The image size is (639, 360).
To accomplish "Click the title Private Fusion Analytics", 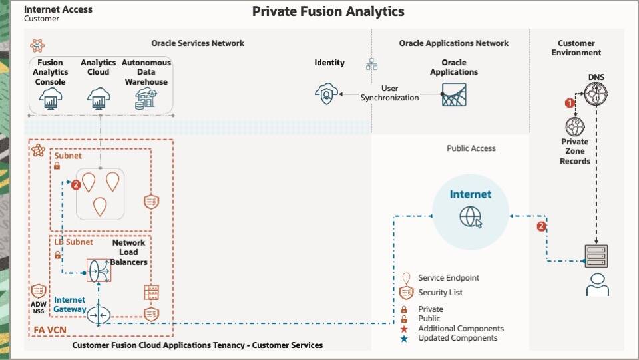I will pyautogui.click(x=328, y=12).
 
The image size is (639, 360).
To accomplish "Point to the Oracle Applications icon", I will pyautogui.click(x=454, y=95).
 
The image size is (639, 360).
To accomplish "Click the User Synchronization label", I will pyautogui.click(x=389, y=93).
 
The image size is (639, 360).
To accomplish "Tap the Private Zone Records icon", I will pyautogui.click(x=575, y=126).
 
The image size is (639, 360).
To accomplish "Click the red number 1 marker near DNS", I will pyautogui.click(x=569, y=103).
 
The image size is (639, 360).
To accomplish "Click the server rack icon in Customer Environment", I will pyautogui.click(x=596, y=255).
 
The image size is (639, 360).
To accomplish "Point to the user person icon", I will pyautogui.click(x=596, y=284).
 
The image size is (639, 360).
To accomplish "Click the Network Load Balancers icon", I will pyautogui.click(x=99, y=269).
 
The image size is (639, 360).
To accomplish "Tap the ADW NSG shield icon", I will pyautogui.click(x=39, y=291).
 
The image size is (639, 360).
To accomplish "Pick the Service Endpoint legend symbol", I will pyautogui.click(x=405, y=278).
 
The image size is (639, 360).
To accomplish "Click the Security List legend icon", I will pyautogui.click(x=405, y=293).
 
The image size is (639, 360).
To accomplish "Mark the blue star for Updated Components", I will pyautogui.click(x=404, y=338).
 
